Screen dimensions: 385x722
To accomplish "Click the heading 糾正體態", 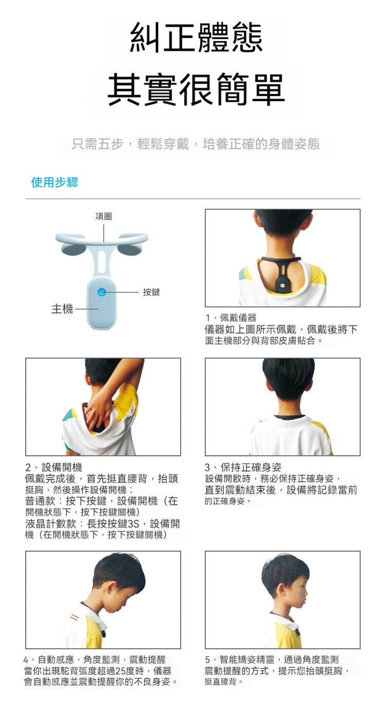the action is [196, 37].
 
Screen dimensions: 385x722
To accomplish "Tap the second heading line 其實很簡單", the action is [196, 90].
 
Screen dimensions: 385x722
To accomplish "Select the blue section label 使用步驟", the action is [54, 183].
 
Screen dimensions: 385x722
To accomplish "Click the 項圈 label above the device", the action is [104, 216].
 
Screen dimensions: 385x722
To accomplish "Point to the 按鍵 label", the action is [151, 292].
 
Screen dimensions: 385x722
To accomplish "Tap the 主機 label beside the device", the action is [62, 309].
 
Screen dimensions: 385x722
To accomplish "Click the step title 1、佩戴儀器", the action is [231, 318].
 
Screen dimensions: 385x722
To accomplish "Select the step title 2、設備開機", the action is [53, 467].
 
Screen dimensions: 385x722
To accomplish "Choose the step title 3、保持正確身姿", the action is [243, 467].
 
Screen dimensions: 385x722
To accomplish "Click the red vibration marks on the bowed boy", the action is [74, 617].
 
